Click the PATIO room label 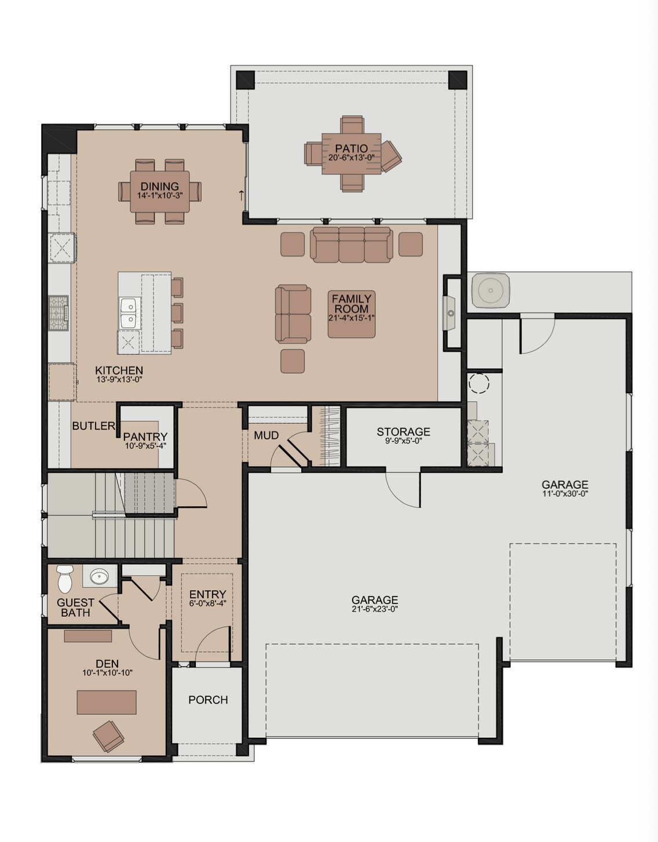(x=351, y=149)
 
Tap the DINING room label (x=159, y=186)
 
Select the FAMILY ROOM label (x=352, y=303)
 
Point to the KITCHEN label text (x=119, y=371)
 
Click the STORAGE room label (x=403, y=432)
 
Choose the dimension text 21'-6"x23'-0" (x=375, y=609)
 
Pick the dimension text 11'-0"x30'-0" (x=565, y=493)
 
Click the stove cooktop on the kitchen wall (x=58, y=313)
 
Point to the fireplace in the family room (x=450, y=313)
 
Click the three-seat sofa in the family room (x=352, y=244)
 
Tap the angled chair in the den (x=108, y=735)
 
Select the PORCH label (x=208, y=700)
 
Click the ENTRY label (x=207, y=594)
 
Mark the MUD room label (x=266, y=435)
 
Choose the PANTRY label (x=145, y=437)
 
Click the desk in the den (x=107, y=702)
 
